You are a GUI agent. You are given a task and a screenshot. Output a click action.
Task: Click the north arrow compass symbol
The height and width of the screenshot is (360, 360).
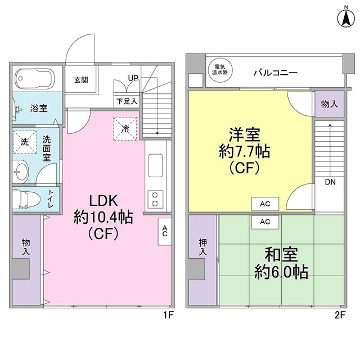tap(346, 19)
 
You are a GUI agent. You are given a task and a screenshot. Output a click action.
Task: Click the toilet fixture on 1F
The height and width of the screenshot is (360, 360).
tap(26, 199)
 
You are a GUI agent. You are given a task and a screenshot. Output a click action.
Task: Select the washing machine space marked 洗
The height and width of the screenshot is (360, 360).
tap(25, 142)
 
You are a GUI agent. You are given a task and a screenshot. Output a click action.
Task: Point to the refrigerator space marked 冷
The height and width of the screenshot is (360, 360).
tap(125, 129)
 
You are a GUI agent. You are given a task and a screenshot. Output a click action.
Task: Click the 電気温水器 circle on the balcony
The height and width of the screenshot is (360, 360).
tap(220, 70)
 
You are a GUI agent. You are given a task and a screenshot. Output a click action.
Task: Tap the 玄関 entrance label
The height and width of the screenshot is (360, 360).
tap(81, 80)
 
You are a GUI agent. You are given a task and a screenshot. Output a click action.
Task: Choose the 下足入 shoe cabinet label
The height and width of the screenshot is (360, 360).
tap(127, 101)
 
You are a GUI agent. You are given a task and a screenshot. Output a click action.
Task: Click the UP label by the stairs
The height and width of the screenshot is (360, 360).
tap(133, 78)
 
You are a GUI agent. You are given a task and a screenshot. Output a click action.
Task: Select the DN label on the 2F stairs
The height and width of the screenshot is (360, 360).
tap(330, 182)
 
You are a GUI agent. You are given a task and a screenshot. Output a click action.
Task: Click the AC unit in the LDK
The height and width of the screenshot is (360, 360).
tap(165, 231)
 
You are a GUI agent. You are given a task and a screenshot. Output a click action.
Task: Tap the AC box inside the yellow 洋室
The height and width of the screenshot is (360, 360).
tap(265, 204)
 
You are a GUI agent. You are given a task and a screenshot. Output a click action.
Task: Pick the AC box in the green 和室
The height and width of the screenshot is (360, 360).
tap(265, 222)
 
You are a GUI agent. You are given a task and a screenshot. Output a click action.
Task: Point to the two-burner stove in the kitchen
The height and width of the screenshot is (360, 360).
tap(155, 199)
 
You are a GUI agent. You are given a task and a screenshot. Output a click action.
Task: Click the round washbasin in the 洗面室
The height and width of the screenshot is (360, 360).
tap(21, 172)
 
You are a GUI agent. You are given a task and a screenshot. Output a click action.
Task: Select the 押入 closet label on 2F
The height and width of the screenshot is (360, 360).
tap(202, 247)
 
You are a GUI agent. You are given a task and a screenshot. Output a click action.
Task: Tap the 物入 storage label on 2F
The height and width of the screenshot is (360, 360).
tap(329, 104)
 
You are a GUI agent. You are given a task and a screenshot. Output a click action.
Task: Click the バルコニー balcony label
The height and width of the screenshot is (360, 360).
tap(276, 73)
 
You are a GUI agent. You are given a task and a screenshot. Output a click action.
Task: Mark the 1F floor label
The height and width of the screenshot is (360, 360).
tap(168, 315)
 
